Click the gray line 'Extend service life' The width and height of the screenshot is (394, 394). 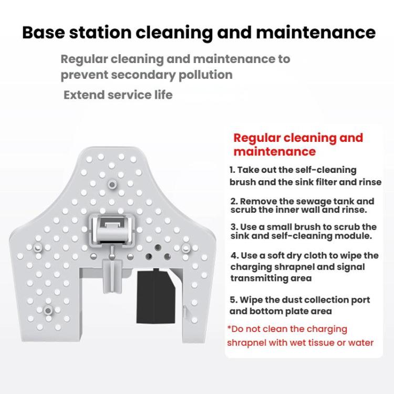[118, 95]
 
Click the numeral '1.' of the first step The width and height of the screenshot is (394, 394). [232, 170]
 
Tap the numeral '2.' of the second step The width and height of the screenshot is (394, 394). [234, 201]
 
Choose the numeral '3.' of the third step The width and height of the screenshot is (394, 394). [234, 227]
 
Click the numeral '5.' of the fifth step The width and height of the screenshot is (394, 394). [234, 300]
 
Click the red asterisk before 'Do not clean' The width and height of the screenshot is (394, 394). [230, 328]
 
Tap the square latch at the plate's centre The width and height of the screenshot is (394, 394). [111, 226]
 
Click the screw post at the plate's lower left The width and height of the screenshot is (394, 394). [48, 310]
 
